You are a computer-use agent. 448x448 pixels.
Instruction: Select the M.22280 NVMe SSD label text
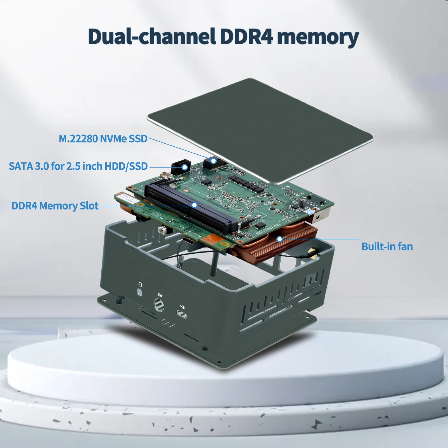(x=103, y=139)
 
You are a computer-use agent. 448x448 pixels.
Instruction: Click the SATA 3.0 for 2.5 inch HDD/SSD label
(x=78, y=166)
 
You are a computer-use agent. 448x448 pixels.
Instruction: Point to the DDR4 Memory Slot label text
(x=55, y=206)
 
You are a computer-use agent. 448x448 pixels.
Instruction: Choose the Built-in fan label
(x=387, y=246)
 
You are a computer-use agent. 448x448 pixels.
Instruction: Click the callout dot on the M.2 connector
(x=213, y=161)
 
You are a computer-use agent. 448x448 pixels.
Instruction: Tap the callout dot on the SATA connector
(x=185, y=167)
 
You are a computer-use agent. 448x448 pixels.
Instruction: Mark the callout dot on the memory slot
(x=194, y=205)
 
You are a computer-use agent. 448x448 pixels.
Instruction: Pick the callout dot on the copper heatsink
(x=279, y=239)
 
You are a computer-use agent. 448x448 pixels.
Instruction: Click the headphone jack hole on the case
(x=140, y=292)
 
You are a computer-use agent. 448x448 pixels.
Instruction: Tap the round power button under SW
(x=159, y=304)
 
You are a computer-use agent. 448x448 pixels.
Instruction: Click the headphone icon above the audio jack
(x=140, y=285)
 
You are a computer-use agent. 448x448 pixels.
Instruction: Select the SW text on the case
(x=160, y=295)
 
